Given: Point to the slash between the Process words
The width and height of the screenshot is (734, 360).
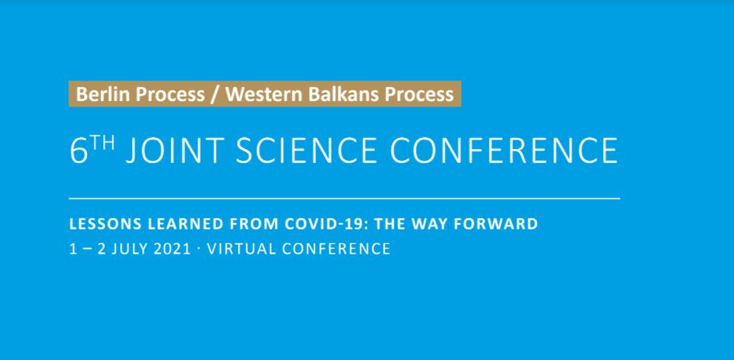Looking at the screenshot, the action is [215, 94].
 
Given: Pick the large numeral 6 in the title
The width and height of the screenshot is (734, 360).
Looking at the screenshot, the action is [79, 150].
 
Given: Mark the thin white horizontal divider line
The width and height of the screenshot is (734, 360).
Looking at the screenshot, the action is [345, 198].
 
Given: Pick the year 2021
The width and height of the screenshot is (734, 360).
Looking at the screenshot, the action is [173, 249].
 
